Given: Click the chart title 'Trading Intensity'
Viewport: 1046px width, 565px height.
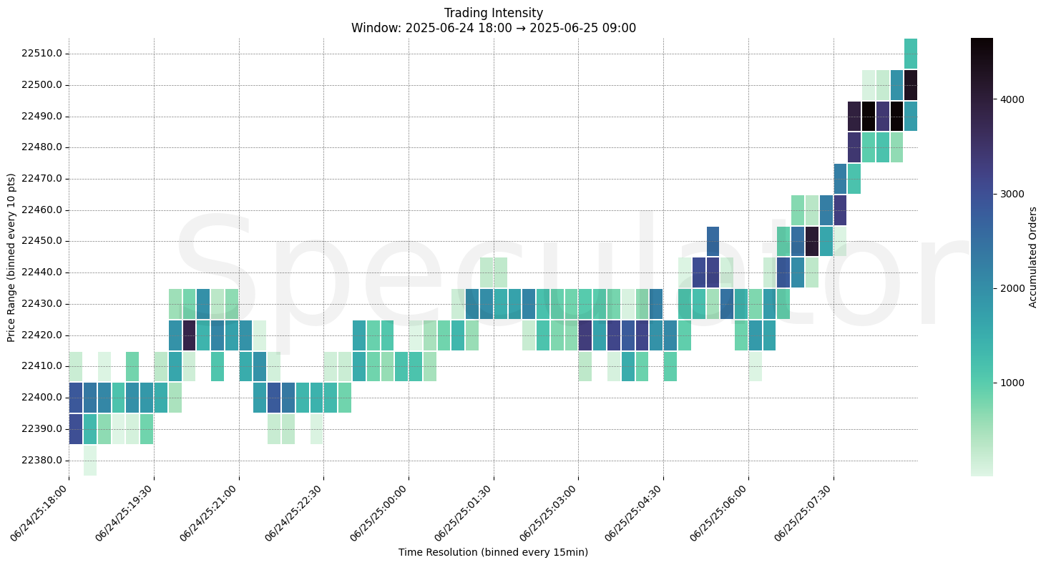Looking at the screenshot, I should (493, 13).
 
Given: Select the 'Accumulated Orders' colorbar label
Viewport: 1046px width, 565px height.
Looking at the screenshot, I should (1032, 257).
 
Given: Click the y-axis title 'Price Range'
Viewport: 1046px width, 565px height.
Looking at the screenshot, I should (11, 257).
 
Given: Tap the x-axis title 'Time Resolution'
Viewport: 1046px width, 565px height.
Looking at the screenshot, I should (493, 552).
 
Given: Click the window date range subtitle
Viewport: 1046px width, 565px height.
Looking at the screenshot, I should (493, 29).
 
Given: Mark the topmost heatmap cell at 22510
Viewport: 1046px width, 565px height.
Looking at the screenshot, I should (911, 54).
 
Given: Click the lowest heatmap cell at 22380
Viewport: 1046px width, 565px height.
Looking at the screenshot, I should (90, 460).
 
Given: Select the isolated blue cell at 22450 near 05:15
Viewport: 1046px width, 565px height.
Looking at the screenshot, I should (713, 241).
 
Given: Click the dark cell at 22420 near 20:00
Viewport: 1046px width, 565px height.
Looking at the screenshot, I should (189, 335).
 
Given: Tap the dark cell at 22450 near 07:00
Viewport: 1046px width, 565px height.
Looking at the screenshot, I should (811, 241).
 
